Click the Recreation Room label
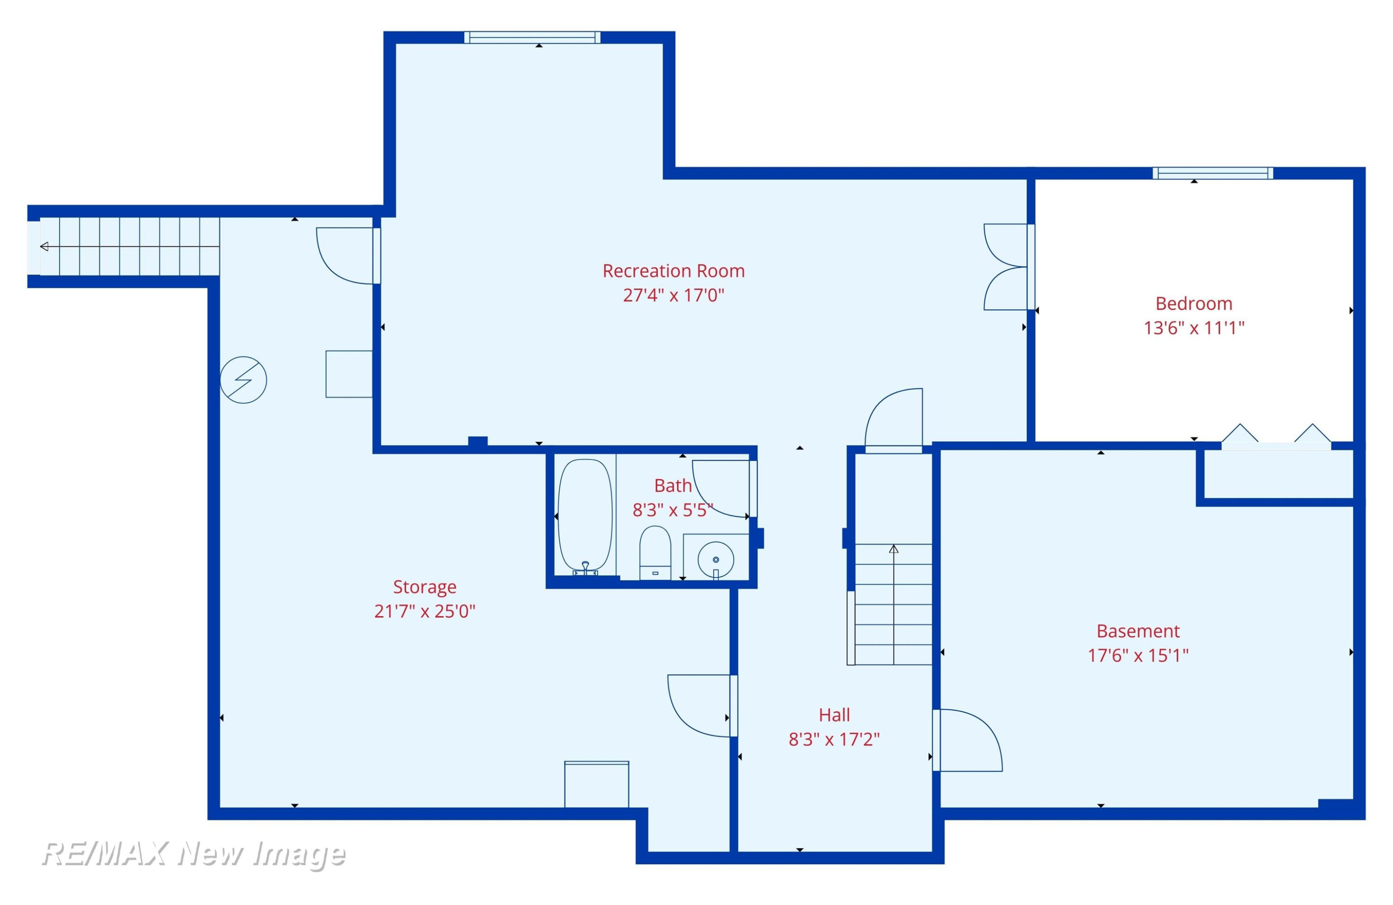click(x=673, y=271)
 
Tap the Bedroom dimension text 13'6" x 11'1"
click(x=1194, y=328)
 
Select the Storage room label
click(x=424, y=586)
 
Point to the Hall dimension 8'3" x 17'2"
click(x=834, y=739)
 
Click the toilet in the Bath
click(x=655, y=553)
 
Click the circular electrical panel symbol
click(x=243, y=380)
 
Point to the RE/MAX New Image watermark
click(x=194, y=853)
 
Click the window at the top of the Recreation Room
click(x=533, y=38)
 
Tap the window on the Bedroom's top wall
click(x=1213, y=173)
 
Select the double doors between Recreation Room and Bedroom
click(x=1006, y=267)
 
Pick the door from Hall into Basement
click(x=967, y=741)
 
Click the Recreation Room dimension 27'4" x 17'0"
click(x=673, y=295)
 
